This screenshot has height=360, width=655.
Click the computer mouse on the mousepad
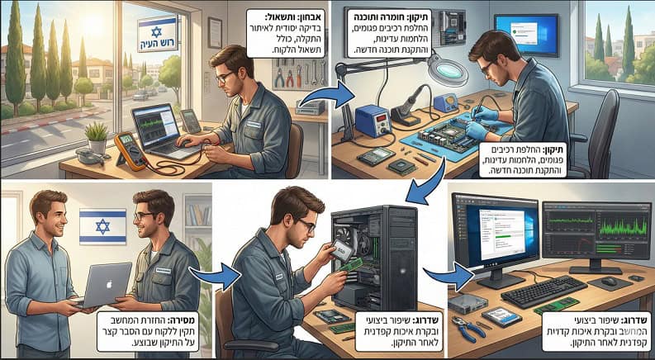609,282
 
